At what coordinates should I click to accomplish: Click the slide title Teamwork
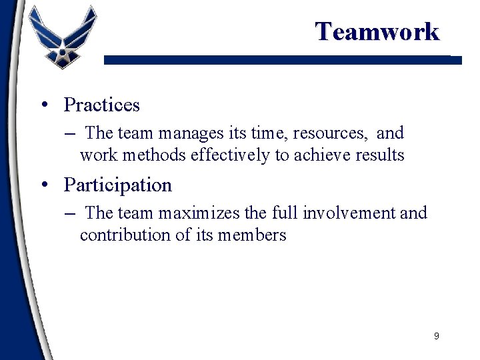377,31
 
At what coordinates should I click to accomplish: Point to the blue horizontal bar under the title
280,60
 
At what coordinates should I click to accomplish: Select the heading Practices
101,105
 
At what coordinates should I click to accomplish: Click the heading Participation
117,185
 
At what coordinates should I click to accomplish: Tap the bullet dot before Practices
43,105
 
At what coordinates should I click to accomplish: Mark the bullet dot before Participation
43,185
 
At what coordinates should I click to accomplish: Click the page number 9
436,336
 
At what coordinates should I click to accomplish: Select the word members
253,235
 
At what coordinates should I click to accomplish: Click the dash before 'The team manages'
71,134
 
